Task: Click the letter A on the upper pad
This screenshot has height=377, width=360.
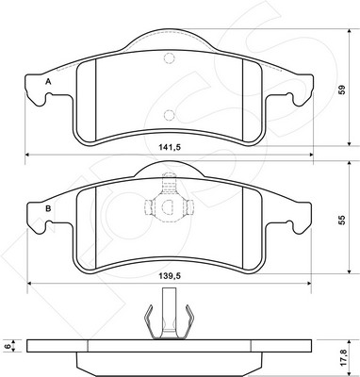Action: coord(48,82)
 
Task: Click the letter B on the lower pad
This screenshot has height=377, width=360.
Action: coord(48,208)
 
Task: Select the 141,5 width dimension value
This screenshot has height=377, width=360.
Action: coord(170,147)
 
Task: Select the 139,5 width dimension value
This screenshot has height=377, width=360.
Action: coord(170,276)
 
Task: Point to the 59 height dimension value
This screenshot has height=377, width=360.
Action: coord(342,90)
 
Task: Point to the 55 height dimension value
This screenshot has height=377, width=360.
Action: coord(342,220)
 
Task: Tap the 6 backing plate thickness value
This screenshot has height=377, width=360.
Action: coord(8,346)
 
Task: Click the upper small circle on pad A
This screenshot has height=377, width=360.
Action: coord(170,58)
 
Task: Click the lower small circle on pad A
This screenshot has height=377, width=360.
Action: coord(170,115)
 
